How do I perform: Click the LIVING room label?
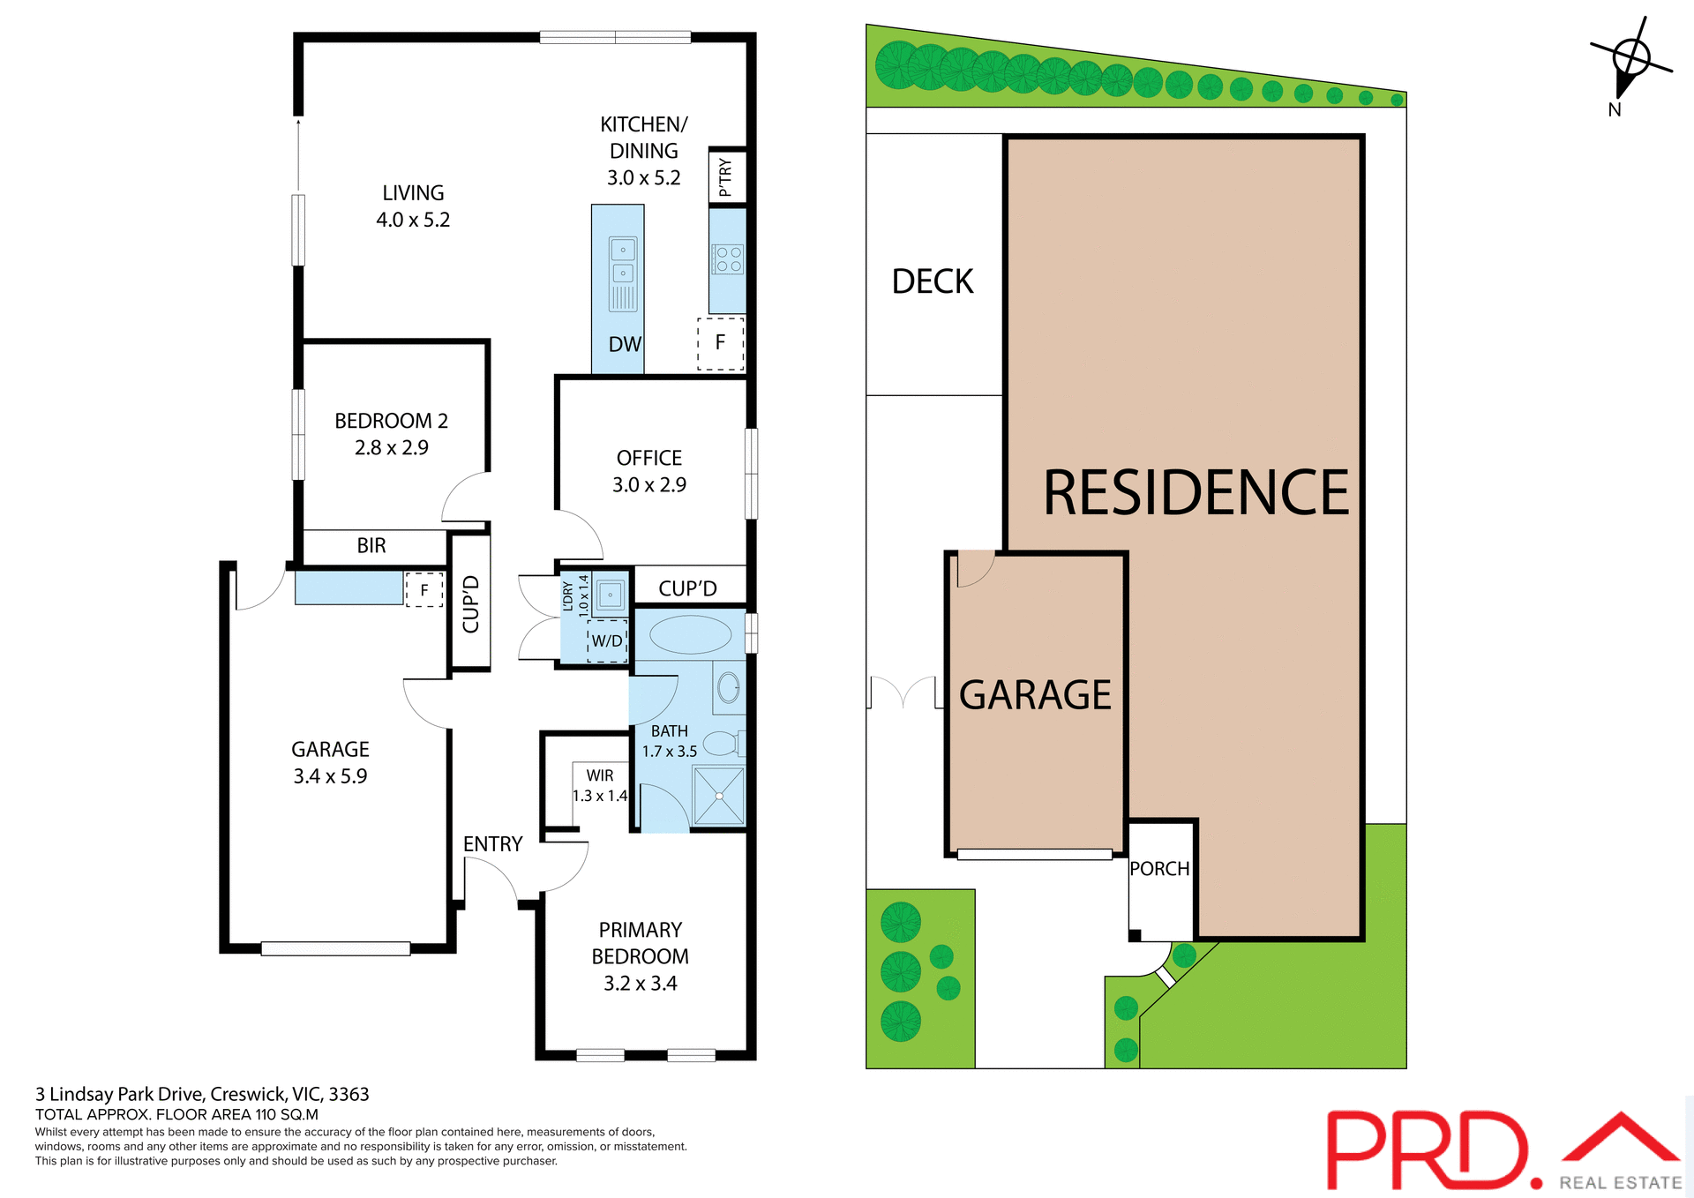[413, 193]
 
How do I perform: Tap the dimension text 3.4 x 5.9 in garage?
[330, 776]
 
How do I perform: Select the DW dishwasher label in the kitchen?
[625, 345]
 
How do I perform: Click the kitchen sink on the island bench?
[623, 261]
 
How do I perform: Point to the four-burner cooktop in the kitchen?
[728, 259]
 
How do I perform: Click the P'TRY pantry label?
[725, 177]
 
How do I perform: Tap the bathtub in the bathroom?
[690, 634]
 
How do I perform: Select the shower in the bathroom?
[719, 797]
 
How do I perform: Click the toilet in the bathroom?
[723, 744]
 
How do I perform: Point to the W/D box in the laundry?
[607, 641]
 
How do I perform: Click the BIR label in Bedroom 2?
[371, 546]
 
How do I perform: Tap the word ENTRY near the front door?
[492, 844]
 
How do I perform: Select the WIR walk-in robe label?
[600, 775]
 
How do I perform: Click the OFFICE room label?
[649, 459]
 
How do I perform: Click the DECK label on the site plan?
[933, 282]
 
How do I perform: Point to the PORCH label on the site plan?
[1159, 869]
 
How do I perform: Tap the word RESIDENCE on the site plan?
[1196, 493]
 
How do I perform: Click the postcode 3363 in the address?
[349, 1095]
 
